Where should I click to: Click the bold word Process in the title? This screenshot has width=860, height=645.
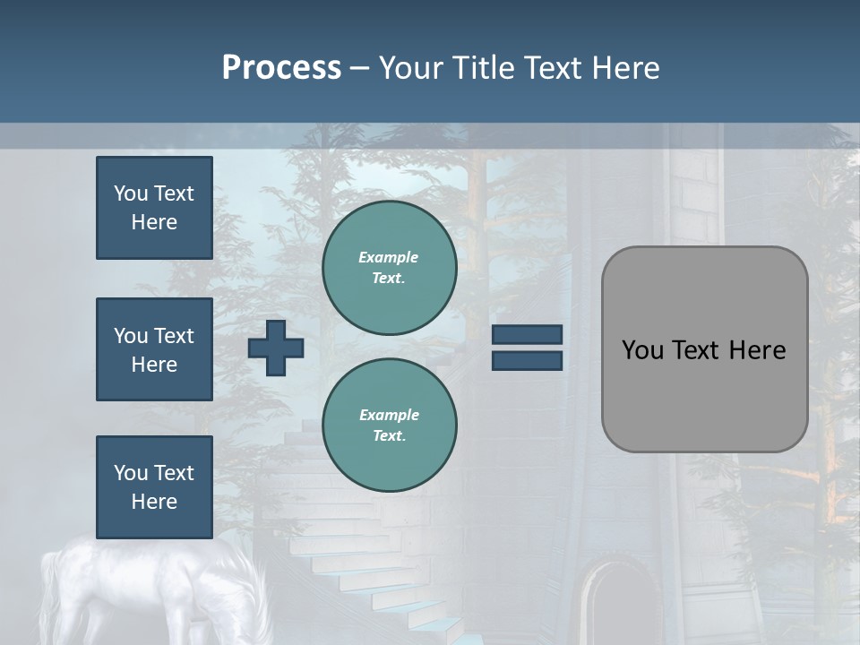click(281, 68)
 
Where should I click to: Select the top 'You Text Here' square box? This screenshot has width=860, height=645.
click(154, 208)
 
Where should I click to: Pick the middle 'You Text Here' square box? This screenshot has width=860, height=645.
click(154, 349)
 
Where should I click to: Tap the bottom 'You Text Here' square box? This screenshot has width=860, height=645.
click(154, 487)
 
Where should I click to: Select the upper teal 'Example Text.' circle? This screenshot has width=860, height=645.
click(389, 268)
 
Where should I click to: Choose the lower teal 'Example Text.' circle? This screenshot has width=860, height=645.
click(389, 426)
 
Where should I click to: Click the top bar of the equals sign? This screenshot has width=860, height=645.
click(527, 335)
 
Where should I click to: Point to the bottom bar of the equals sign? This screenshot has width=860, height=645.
click(527, 360)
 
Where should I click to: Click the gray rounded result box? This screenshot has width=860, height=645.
click(704, 394)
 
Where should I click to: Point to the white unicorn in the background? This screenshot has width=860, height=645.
click(152, 591)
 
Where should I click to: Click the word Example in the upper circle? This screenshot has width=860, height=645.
click(389, 257)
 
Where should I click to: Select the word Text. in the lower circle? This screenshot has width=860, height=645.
click(389, 436)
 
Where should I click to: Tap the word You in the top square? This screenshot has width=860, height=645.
click(131, 193)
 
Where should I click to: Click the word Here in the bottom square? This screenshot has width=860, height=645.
click(154, 502)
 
